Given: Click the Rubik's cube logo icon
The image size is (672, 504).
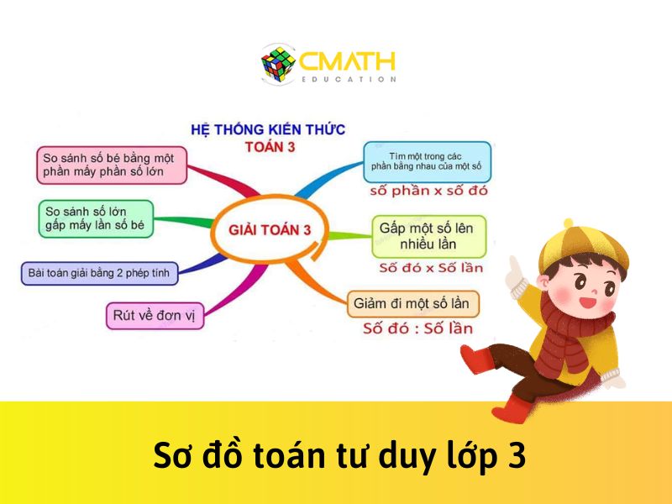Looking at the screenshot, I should pos(279,65).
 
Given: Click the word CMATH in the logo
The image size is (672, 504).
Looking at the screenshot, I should pos(347,61).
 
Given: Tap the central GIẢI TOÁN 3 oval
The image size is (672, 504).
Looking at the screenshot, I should pos(270,229).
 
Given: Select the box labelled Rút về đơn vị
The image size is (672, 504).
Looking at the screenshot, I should pos(155,316).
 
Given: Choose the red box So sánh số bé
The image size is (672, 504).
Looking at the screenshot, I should pos(112,165).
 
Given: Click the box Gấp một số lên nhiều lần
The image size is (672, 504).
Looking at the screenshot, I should pos(430,236).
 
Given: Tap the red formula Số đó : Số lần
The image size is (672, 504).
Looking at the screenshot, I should pos(417,328).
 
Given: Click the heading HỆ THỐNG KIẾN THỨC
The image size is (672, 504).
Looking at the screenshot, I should pos(268,129).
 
